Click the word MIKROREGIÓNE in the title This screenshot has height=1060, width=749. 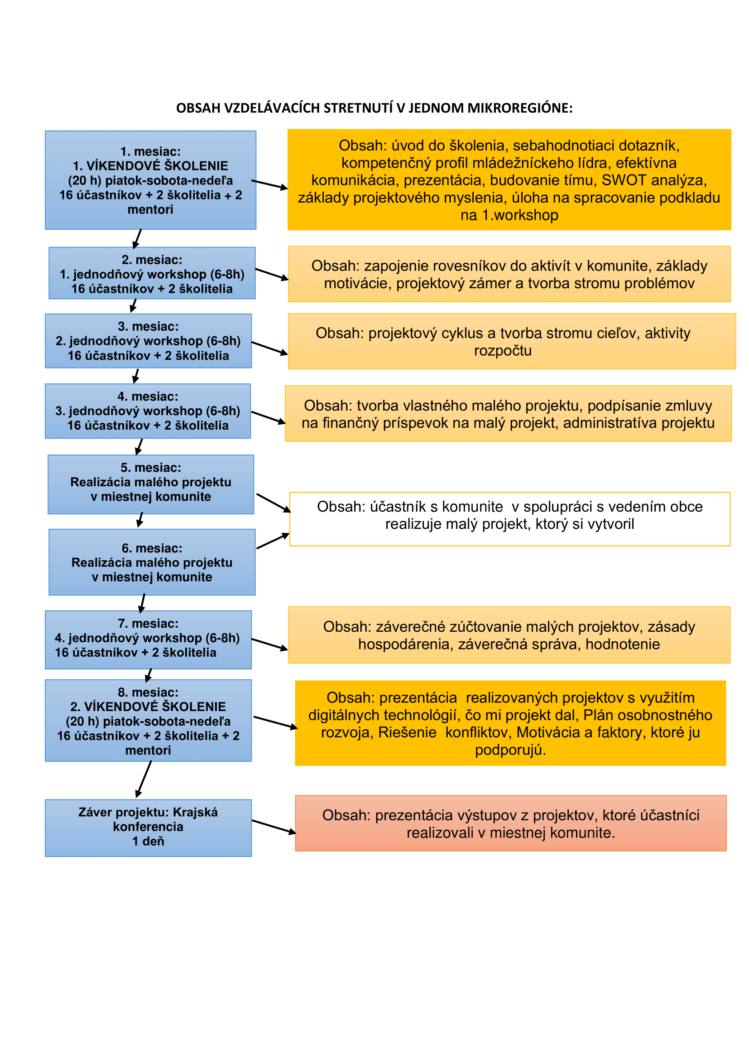(520, 108)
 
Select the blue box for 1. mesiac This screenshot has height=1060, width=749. (150, 180)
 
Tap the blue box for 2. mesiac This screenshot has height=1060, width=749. (152, 273)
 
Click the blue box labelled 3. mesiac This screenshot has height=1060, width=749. (148, 341)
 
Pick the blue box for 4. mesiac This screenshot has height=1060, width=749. (148, 411)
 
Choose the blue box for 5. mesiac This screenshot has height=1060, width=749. (151, 484)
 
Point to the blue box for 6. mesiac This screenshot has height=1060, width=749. (152, 562)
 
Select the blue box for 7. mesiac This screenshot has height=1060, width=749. (148, 640)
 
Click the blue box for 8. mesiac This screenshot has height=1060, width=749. (148, 720)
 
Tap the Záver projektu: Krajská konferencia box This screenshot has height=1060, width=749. (148, 828)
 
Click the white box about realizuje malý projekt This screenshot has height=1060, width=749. (509, 519)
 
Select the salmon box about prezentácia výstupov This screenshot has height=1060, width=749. (510, 823)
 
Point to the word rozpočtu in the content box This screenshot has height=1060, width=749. (503, 351)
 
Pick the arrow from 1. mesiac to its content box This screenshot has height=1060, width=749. (270, 184)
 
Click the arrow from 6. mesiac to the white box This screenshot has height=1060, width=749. (273, 541)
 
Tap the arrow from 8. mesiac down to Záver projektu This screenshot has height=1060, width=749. (144, 779)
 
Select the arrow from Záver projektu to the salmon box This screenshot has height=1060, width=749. (274, 827)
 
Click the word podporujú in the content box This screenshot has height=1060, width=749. (510, 750)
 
